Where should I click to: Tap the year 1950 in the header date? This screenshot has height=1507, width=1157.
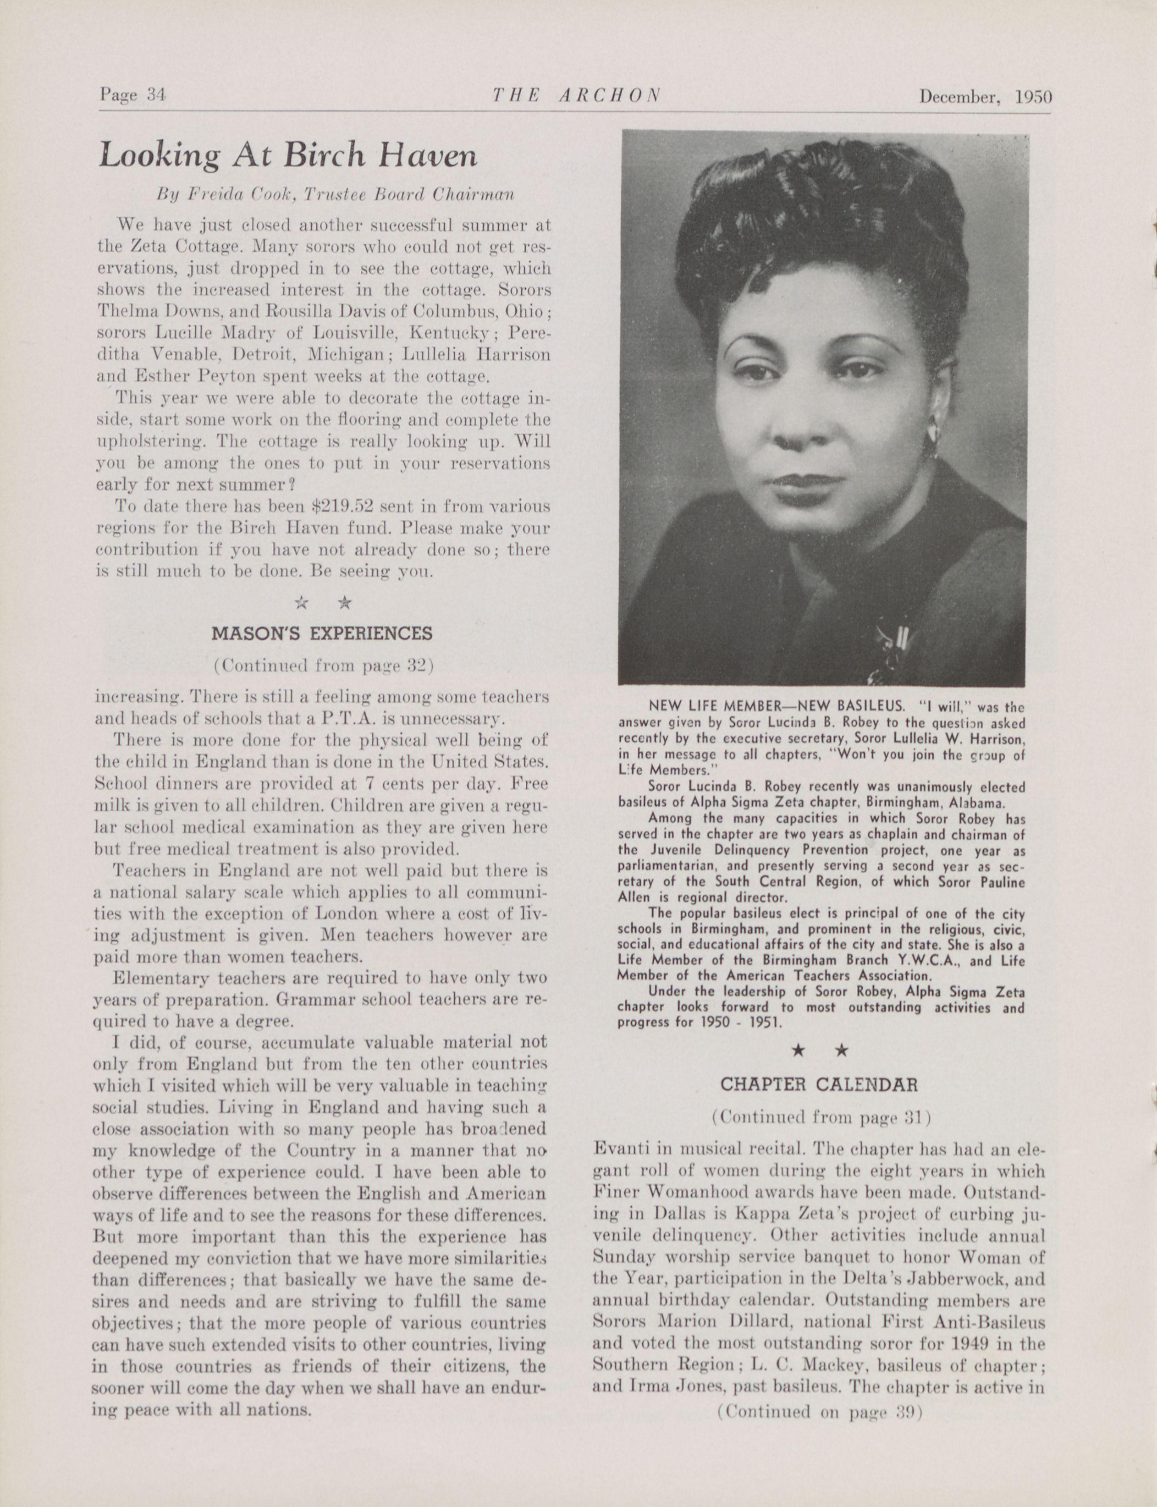1033,97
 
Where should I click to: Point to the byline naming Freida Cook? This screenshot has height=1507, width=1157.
336,195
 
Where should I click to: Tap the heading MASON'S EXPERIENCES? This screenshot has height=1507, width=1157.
322,632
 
